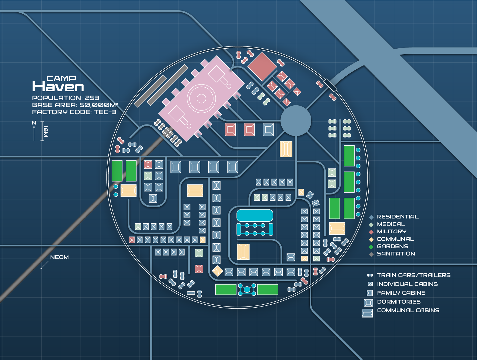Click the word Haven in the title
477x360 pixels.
click(x=58, y=87)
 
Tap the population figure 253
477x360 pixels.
click(x=92, y=98)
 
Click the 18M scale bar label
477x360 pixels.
click(x=46, y=131)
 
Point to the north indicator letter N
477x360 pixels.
click(x=34, y=123)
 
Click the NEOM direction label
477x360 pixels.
click(x=59, y=257)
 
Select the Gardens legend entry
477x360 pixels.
click(x=392, y=246)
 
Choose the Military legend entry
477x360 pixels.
click(x=391, y=231)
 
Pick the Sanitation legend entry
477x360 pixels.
click(x=396, y=254)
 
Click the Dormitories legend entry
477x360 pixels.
click(x=399, y=302)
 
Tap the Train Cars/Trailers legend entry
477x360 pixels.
click(x=413, y=275)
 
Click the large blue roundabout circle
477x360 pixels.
click(x=296, y=121)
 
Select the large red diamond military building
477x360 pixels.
click(x=262, y=66)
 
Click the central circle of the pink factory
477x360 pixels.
click(x=201, y=98)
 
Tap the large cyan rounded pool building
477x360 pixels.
click(x=255, y=216)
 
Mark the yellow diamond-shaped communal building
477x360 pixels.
click(x=217, y=271)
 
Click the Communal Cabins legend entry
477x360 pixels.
click(x=408, y=310)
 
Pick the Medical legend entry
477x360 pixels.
click(x=391, y=224)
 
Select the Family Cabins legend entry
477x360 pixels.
click(x=401, y=293)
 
